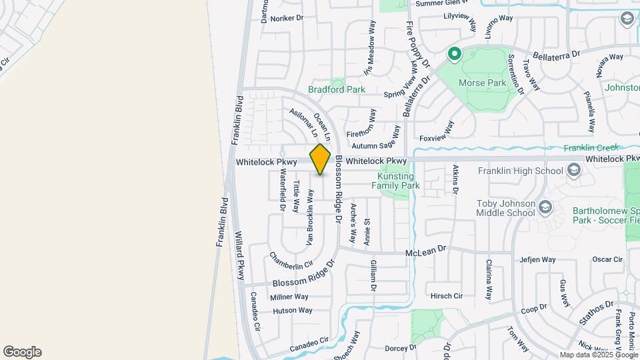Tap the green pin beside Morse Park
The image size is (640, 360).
click(x=455, y=53)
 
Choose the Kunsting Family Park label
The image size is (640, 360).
click(x=399, y=181)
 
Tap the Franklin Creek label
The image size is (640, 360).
click(x=591, y=148)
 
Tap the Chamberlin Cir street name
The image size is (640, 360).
click(x=291, y=261)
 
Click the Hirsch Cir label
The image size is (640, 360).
click(x=447, y=295)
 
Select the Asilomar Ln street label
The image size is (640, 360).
click(x=303, y=122)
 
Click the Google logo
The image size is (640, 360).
click(x=22, y=352)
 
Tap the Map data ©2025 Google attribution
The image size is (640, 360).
click(x=599, y=355)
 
